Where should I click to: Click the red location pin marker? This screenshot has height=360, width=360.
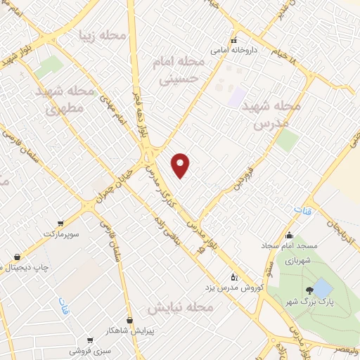[181, 165]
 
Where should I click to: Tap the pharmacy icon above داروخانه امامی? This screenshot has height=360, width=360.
[234, 40]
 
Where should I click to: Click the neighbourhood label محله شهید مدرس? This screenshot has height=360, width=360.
[271, 114]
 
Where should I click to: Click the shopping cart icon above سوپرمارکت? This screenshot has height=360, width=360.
[62, 221]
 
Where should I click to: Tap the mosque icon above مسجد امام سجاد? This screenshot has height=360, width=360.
[290, 236]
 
